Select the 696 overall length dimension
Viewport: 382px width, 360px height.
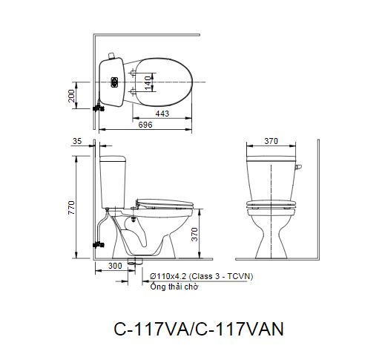(x=145, y=126)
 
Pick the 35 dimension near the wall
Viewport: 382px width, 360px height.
(x=78, y=140)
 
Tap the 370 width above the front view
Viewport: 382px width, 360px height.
(x=271, y=140)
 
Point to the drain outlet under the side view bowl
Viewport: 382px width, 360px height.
(x=134, y=261)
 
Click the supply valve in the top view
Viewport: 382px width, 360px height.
(x=96, y=107)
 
